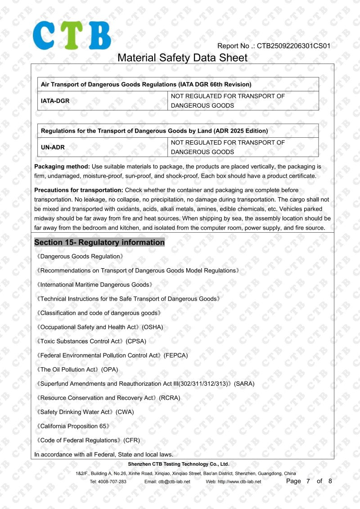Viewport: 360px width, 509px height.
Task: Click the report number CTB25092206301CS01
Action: point(293,46)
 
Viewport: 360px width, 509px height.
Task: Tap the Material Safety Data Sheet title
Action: point(182,58)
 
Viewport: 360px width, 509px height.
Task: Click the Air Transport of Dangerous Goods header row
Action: point(178,84)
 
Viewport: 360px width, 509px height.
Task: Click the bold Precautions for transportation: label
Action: point(79,190)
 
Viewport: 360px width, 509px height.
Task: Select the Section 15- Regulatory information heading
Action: point(99,243)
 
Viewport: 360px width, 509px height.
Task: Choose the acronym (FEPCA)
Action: point(176,356)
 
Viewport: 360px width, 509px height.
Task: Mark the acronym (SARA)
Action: point(244,384)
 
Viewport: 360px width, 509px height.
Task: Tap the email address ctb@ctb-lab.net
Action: point(174,482)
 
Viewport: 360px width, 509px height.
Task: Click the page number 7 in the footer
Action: point(308,481)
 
